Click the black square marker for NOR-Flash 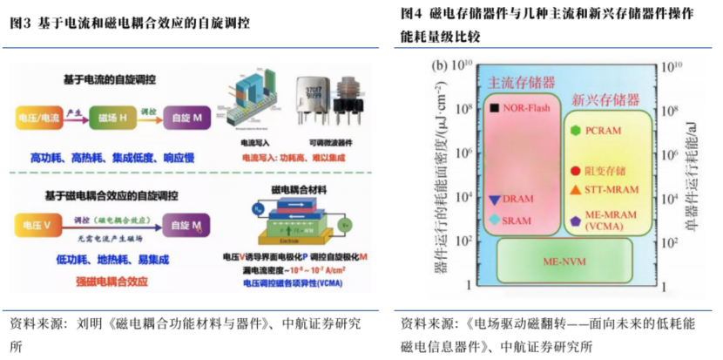point(495,108)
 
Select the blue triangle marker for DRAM point(495,200)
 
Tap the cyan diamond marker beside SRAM point(495,220)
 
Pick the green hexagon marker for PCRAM point(575,131)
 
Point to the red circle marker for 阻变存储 point(575,171)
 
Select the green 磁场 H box point(114,116)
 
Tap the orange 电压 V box point(37,224)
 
